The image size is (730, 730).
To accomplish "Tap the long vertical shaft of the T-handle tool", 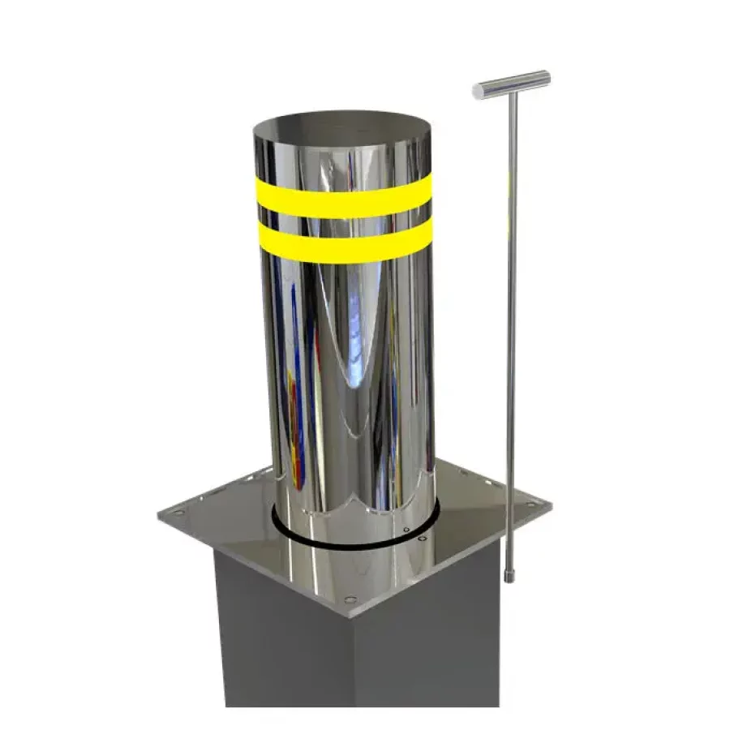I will (x=511, y=324).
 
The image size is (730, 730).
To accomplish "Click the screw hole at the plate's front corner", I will (x=350, y=600).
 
